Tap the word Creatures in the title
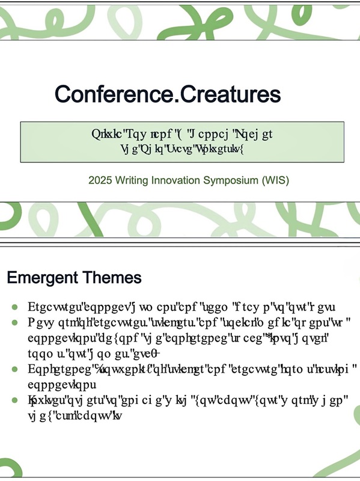point(231,94)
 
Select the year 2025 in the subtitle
point(99,180)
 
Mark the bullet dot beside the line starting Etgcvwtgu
point(14,306)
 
